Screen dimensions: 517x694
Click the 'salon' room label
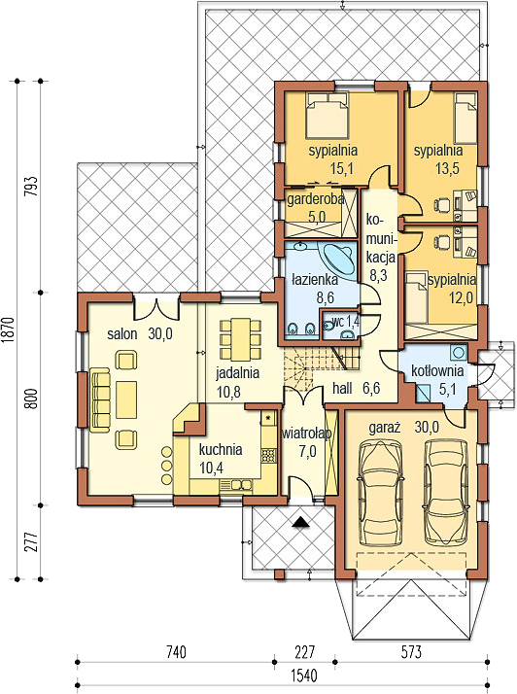tap(122, 334)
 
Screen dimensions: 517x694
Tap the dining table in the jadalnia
tap(241, 339)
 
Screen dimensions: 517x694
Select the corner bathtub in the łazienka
tap(339, 259)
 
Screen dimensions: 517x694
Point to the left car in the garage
tap(382, 493)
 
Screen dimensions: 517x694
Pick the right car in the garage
tap(446, 492)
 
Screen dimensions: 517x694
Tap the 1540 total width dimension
tap(304, 676)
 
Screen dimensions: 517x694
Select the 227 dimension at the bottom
tap(304, 652)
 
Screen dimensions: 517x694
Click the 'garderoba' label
tap(315, 199)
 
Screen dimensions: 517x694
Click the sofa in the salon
tap(99, 399)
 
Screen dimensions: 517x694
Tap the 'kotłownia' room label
tap(437, 371)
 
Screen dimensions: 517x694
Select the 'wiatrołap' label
tap(307, 434)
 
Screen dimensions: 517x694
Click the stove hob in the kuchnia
tap(268, 456)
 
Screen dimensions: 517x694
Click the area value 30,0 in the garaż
tap(427, 427)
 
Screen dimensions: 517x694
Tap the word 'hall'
tap(343, 389)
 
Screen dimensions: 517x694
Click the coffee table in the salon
tap(126, 399)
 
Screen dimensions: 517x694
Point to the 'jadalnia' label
tap(237, 373)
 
